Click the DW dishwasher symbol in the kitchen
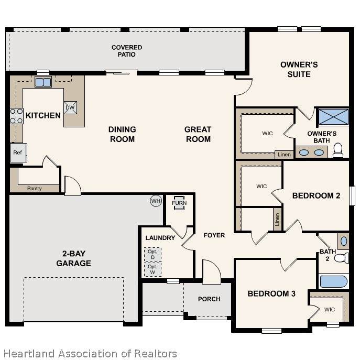click(x=70, y=107)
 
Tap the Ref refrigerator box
click(x=18, y=152)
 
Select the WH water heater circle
click(x=156, y=201)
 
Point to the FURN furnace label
click(x=179, y=203)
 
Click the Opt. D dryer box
click(x=152, y=255)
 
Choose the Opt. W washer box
click(x=152, y=269)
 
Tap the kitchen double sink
click(x=43, y=82)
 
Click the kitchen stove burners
click(x=17, y=116)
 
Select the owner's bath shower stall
click(x=334, y=117)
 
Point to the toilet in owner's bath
click(x=338, y=150)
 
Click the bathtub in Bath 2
click(x=334, y=281)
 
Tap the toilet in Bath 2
click(x=342, y=258)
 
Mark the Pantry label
click(x=35, y=189)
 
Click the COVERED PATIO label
click(x=127, y=51)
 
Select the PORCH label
click(x=209, y=299)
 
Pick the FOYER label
click(x=214, y=235)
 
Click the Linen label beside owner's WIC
click(x=284, y=155)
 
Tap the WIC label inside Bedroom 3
click(x=330, y=310)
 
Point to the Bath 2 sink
click(x=344, y=241)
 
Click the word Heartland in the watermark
click(x=29, y=354)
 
